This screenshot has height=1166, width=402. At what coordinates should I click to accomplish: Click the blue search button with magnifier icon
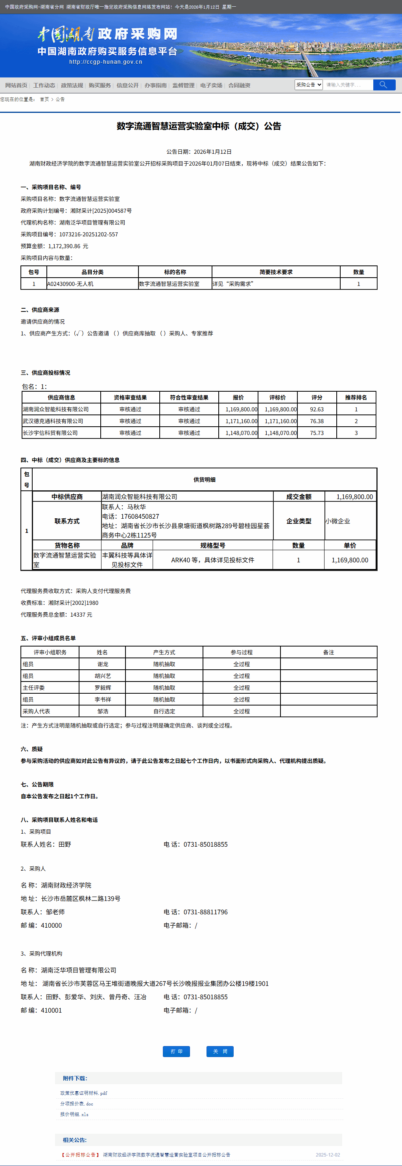(x=384, y=85)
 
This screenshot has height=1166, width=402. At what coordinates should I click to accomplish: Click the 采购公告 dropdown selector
(x=308, y=85)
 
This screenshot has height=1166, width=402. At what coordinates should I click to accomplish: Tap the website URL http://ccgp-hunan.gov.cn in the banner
(x=105, y=62)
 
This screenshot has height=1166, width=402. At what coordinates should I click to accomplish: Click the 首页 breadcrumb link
(x=44, y=99)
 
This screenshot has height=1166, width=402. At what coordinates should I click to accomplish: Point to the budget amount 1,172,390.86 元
(x=68, y=246)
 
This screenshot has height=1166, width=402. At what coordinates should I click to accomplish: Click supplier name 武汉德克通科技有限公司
(x=53, y=421)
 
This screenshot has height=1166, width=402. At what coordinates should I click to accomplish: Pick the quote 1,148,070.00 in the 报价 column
(x=241, y=433)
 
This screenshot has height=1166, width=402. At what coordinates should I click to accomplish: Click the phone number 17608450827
(x=140, y=516)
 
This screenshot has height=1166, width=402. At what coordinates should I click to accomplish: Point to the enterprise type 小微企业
(x=338, y=521)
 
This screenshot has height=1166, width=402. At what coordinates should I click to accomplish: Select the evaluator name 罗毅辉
(x=103, y=687)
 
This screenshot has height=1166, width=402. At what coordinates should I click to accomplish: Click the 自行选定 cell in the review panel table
(x=164, y=711)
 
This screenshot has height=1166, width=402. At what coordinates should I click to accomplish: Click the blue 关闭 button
(x=219, y=1052)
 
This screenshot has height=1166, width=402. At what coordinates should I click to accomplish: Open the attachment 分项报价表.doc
(x=77, y=1103)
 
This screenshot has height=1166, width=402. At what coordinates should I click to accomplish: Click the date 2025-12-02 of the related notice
(x=328, y=1155)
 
